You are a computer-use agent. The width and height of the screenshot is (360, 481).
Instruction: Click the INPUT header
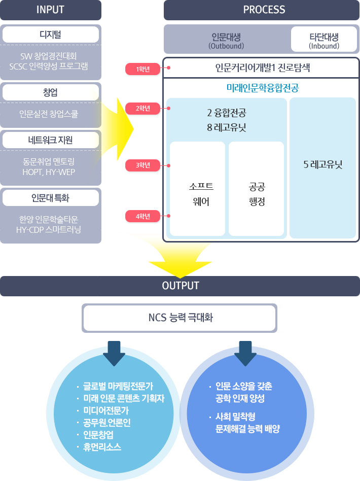(x=51, y=10)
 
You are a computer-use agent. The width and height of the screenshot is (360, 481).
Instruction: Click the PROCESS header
(x=264, y=10)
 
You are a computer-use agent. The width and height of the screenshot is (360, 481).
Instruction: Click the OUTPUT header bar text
(x=180, y=286)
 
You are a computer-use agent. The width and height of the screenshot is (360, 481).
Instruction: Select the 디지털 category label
(x=51, y=35)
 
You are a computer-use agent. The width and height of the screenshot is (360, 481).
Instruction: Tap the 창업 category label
(x=51, y=92)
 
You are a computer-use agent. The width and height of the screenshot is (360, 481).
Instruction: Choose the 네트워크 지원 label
(x=51, y=141)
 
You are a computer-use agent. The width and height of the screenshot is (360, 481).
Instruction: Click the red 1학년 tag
(x=142, y=69)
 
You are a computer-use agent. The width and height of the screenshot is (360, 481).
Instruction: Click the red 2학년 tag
(x=142, y=108)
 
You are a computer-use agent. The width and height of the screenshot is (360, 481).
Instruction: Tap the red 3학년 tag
(x=142, y=165)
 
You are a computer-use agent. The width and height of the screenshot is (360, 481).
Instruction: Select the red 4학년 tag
(x=142, y=217)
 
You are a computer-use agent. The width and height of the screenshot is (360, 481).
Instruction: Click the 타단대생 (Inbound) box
(x=324, y=40)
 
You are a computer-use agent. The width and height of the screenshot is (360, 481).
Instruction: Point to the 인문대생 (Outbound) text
(x=226, y=40)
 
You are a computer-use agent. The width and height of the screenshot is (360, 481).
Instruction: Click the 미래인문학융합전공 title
(x=262, y=88)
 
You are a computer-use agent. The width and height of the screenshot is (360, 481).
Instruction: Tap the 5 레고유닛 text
(x=323, y=165)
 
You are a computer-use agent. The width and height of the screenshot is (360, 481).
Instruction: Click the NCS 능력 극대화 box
(x=180, y=318)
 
